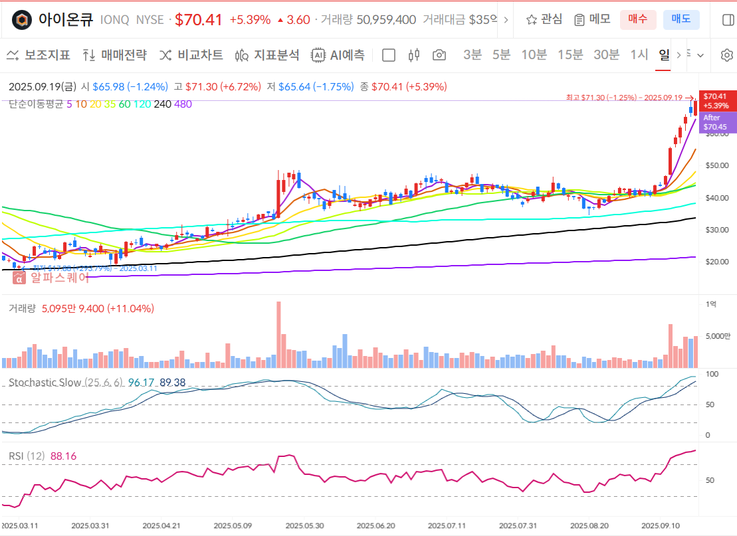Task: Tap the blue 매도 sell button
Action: tap(681, 19)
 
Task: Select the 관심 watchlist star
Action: tap(544, 19)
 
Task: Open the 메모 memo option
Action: tap(592, 19)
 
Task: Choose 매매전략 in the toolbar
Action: tap(115, 55)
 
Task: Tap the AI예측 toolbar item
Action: tap(338, 55)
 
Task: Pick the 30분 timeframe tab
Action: tap(605, 55)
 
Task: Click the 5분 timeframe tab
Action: tap(501, 55)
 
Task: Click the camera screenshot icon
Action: tap(439, 55)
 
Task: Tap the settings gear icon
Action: tap(726, 55)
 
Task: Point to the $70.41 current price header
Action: tap(198, 19)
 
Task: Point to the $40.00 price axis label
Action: tap(716, 197)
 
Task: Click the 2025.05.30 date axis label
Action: tap(304, 525)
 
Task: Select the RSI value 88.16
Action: tap(63, 456)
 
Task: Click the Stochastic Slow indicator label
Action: tap(45, 383)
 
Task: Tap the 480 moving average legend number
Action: tap(183, 104)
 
